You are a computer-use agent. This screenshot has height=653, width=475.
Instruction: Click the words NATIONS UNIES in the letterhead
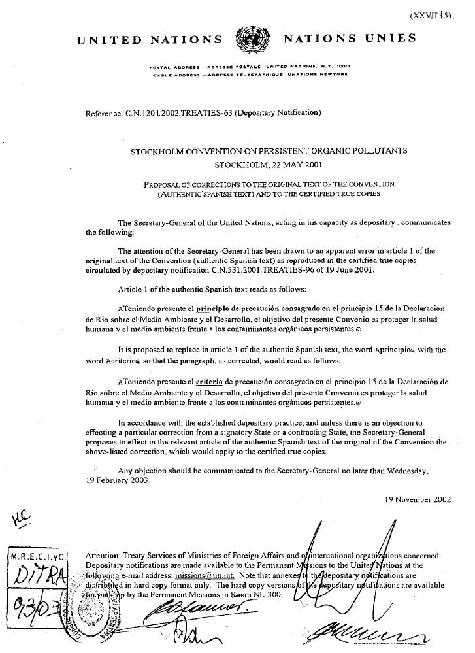[350, 39]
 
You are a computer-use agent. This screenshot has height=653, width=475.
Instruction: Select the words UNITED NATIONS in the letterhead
[150, 39]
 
